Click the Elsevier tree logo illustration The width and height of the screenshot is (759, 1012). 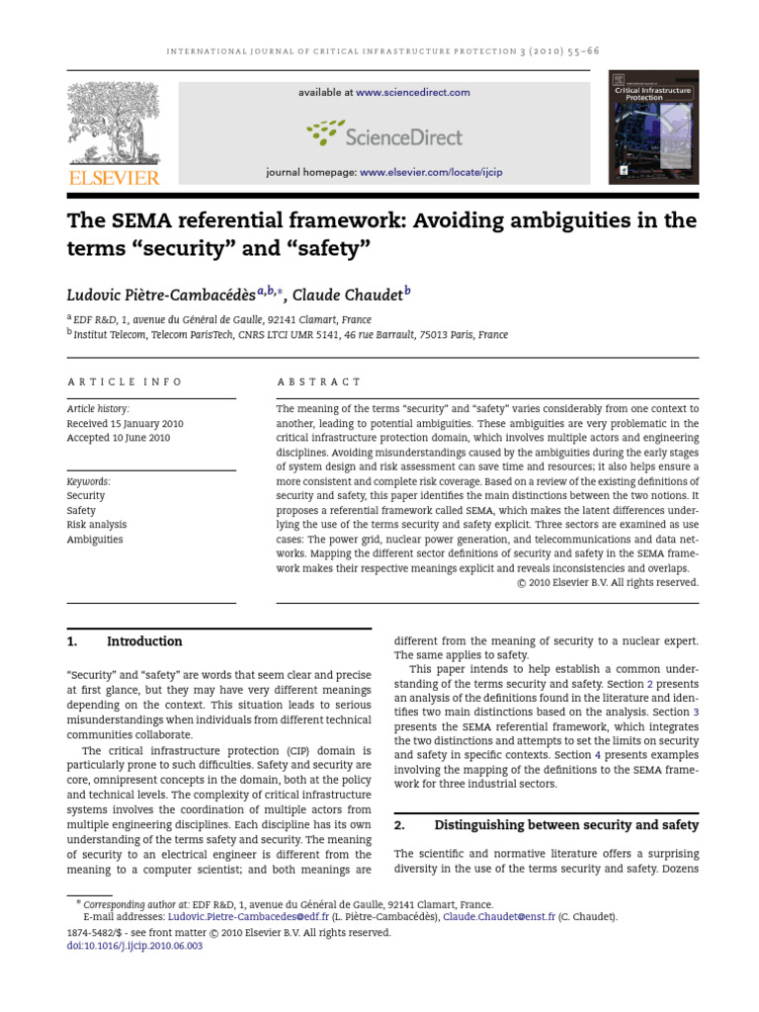point(112,124)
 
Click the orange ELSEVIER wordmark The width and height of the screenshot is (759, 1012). point(112,178)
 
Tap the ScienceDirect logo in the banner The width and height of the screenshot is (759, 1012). point(384,133)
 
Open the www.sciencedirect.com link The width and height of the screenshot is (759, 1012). point(413,93)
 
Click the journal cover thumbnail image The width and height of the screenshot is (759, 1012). point(653,127)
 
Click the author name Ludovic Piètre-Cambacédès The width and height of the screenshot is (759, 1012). point(161,294)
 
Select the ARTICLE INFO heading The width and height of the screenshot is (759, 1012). point(125,381)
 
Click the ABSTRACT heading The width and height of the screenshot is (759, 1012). point(319,381)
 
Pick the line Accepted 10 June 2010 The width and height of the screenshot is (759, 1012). point(118,438)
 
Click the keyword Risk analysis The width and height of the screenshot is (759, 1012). point(97,525)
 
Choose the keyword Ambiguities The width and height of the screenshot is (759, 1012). point(95,540)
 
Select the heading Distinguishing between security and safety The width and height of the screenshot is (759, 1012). point(566,824)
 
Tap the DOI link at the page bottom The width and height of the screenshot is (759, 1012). point(133,946)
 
